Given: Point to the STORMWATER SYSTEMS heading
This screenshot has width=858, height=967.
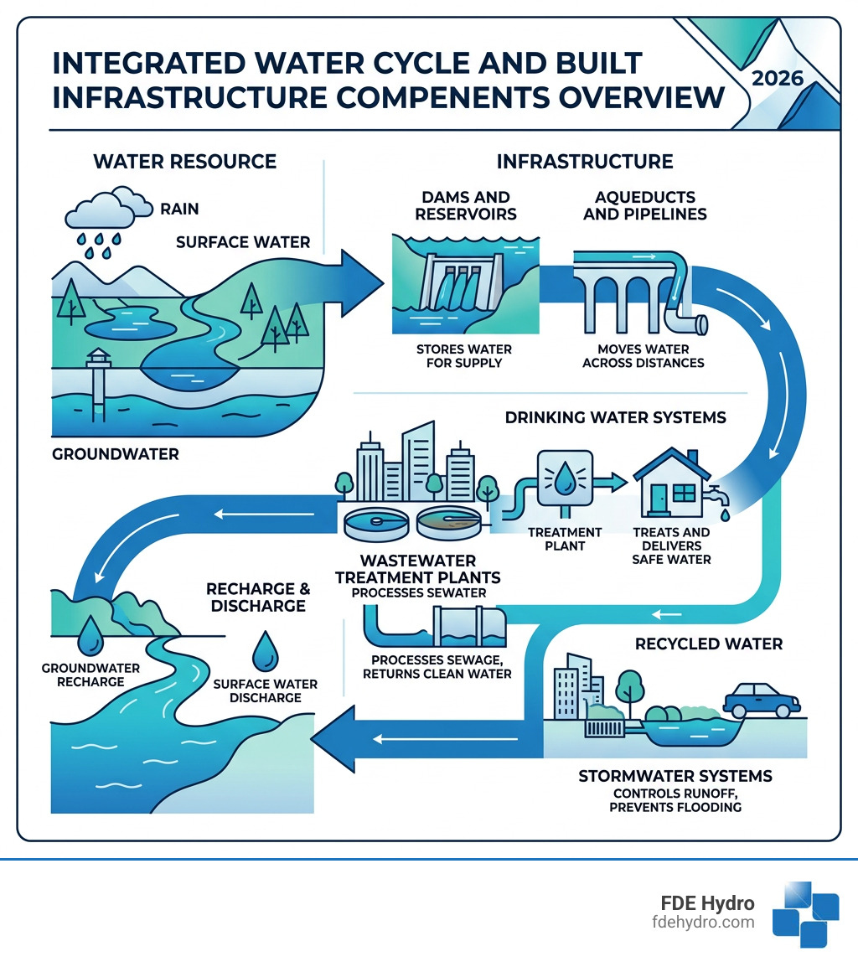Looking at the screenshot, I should coord(675,776).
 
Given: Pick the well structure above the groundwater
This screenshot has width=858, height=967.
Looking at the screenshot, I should coord(99,368).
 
